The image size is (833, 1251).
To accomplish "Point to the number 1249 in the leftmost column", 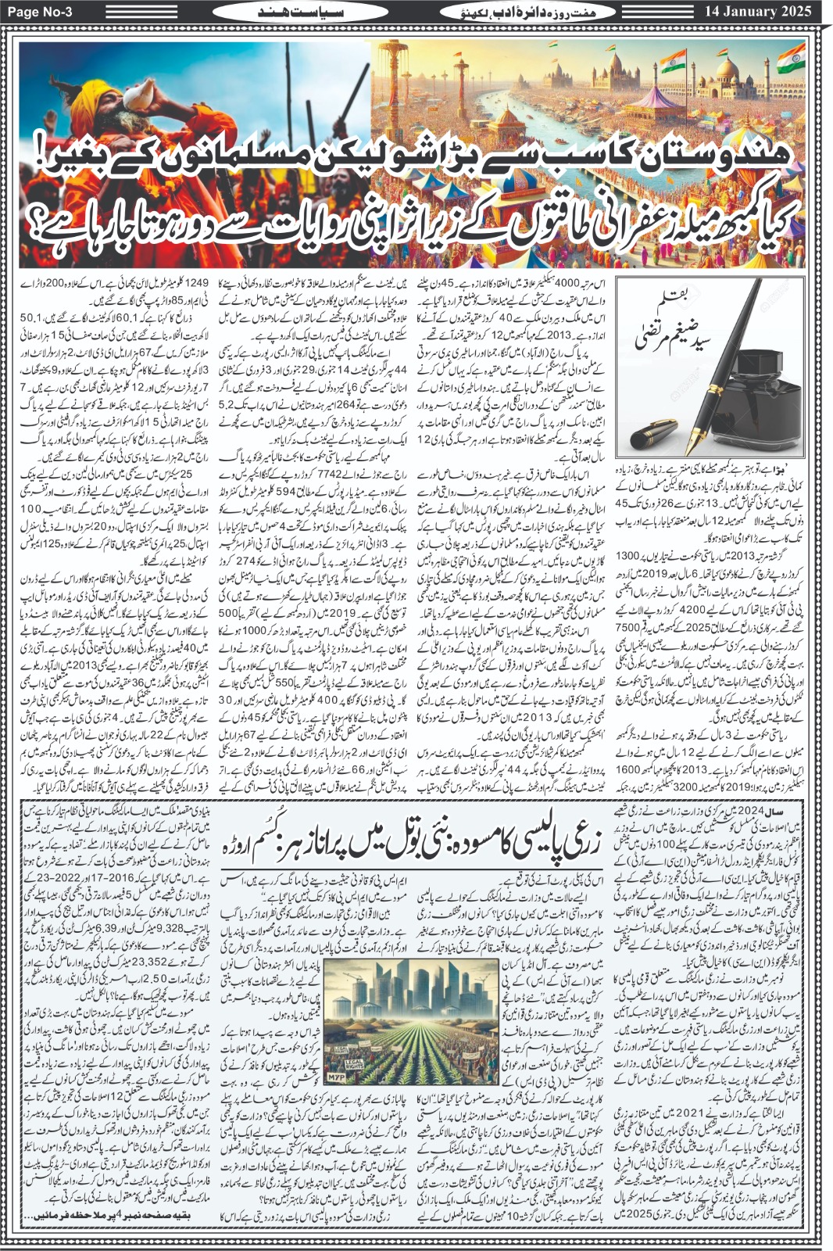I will click(x=194, y=282).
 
